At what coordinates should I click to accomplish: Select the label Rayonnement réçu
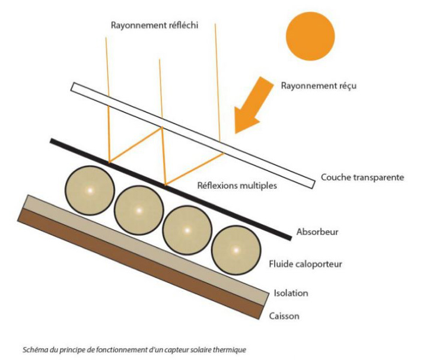[x=319, y=85]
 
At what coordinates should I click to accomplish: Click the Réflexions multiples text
[x=237, y=186]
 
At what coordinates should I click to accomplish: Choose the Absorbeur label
[x=317, y=232]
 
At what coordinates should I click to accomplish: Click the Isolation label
[x=291, y=293]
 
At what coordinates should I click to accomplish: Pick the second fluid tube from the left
[x=138, y=210]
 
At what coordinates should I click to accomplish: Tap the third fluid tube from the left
[x=186, y=230]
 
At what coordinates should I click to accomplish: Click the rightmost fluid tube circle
[x=235, y=250]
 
